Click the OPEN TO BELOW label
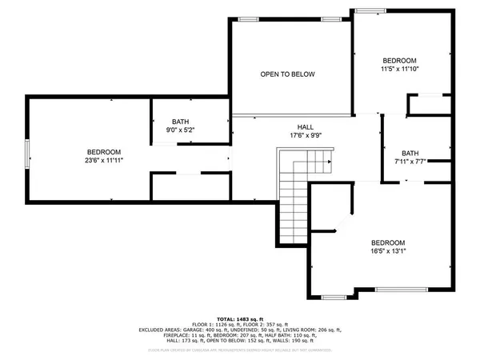point(287,74)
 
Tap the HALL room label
point(306,127)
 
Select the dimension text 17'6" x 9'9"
point(306,135)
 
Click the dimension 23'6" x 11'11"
point(104,160)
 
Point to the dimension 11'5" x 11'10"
point(399,69)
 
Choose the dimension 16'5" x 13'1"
point(387,250)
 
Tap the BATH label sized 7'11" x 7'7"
point(410,154)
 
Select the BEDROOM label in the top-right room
point(399,61)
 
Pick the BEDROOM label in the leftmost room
point(104,152)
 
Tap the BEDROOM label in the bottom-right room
point(387,242)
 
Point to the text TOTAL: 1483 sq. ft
point(240,318)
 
